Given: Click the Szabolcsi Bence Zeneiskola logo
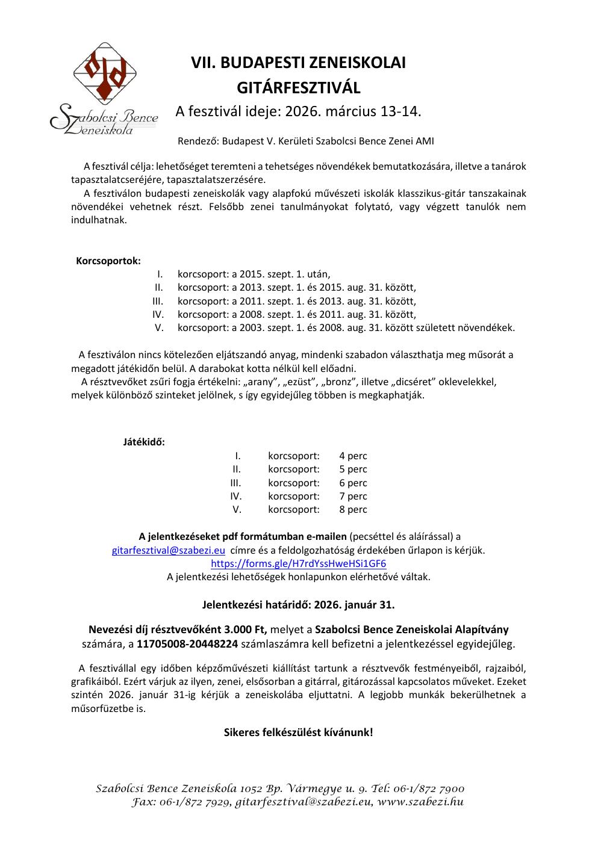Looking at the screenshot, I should (104, 90).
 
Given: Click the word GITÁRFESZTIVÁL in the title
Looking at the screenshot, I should (298, 88).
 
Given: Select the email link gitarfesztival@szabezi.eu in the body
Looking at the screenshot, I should (169, 550).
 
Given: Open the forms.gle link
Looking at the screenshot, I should (298, 564).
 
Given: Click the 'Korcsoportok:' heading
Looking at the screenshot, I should (108, 261).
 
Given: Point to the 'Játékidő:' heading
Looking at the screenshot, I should (144, 442).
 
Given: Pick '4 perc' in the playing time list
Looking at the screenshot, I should (353, 456).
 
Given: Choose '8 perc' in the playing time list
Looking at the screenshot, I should (353, 509).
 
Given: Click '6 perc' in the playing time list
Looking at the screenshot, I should (353, 483).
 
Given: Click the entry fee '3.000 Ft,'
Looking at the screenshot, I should (246, 630).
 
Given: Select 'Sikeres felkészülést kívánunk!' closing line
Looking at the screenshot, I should (298, 732).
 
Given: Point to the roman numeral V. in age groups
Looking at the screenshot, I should (160, 328).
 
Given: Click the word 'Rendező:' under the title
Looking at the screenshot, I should (198, 141).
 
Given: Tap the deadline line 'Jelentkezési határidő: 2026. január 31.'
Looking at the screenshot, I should (298, 603).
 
